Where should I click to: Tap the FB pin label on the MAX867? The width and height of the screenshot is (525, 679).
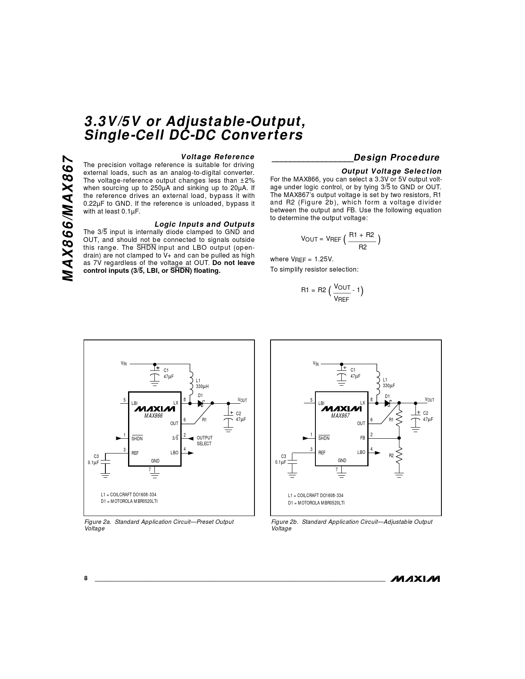[x=362, y=438]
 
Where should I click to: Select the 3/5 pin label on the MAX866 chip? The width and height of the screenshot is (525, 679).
[x=175, y=438]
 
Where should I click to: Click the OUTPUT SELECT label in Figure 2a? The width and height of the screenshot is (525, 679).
[x=205, y=441]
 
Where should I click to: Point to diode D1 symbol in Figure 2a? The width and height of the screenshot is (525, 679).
[x=201, y=403]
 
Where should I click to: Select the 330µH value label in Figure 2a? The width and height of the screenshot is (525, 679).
[x=202, y=386]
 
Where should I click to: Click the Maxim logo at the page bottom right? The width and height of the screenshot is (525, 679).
[x=415, y=579]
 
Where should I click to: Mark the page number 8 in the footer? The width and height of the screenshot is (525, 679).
[x=86, y=578]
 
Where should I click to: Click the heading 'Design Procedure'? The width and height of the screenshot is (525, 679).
[x=397, y=158]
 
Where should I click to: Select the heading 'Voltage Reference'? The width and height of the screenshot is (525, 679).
[x=218, y=156]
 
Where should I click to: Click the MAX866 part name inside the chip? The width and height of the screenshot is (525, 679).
[x=154, y=416]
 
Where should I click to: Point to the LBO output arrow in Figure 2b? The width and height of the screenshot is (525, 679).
[x=378, y=453]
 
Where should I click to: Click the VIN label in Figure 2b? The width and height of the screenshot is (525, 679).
[x=316, y=363]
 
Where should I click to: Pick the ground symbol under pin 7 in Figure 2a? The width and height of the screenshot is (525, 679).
[x=155, y=476]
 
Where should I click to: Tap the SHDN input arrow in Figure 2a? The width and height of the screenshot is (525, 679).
[x=119, y=438]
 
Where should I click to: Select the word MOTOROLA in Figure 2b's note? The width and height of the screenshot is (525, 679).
[x=310, y=503]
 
